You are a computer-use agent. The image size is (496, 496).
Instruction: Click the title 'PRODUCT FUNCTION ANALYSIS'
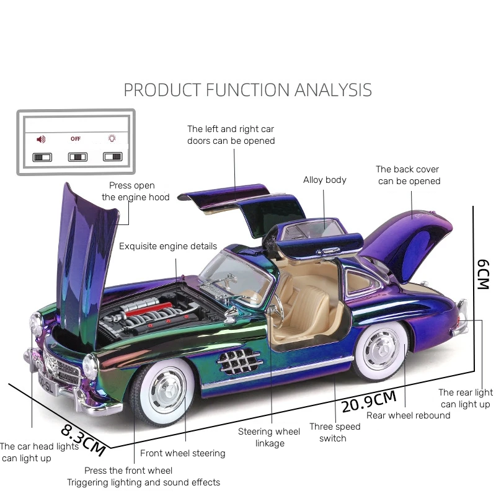click(x=247, y=90)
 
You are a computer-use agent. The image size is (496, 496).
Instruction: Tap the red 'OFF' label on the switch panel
click(x=76, y=139)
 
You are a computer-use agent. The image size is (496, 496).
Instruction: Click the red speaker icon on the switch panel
click(x=42, y=139)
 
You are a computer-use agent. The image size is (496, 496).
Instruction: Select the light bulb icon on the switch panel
click(x=112, y=139)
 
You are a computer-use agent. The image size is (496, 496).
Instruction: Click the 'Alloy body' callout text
click(x=324, y=180)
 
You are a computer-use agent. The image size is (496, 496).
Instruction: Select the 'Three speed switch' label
click(x=335, y=433)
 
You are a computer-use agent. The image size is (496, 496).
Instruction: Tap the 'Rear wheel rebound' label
click(x=408, y=415)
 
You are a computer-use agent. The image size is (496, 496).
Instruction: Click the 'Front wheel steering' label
click(x=182, y=453)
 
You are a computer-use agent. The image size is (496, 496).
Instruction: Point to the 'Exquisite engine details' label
click(x=168, y=246)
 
